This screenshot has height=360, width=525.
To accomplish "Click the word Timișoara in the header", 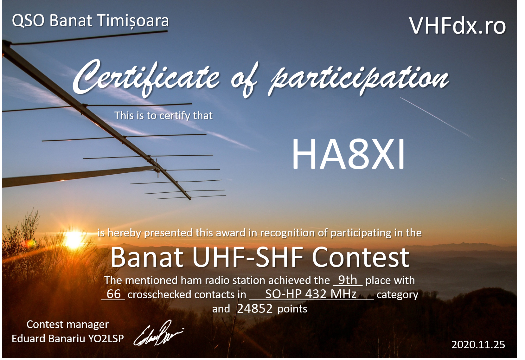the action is [x=133, y=21].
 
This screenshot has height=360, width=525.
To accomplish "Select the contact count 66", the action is [x=114, y=294].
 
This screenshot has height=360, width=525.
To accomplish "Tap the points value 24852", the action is [x=255, y=309].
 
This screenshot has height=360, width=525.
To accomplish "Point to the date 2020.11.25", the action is [x=478, y=344].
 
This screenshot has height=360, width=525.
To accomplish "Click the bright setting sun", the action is [x=73, y=239].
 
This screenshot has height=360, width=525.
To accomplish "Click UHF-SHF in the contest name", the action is [x=248, y=258].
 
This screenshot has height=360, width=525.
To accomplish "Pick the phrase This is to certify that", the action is [x=163, y=116].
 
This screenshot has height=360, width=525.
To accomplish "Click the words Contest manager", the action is [x=67, y=325].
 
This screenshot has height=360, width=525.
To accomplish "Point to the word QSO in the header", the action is [x=28, y=21].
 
